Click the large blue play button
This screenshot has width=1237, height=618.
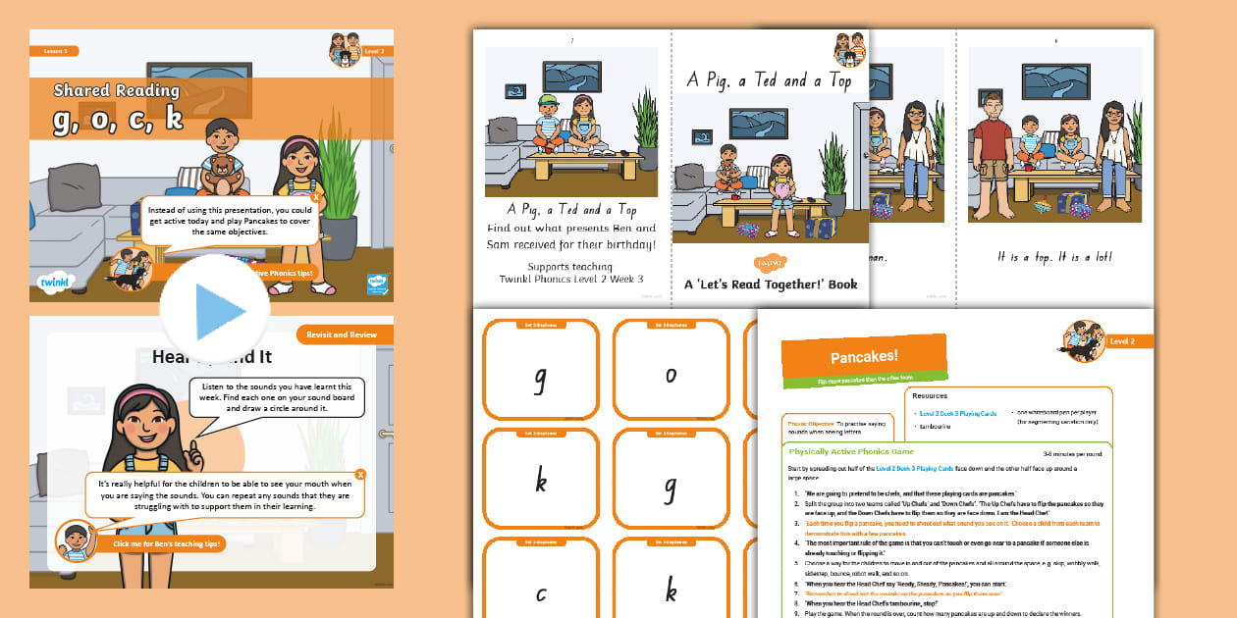[215, 310]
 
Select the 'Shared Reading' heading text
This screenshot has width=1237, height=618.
[116, 90]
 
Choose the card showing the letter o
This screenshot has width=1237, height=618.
[671, 374]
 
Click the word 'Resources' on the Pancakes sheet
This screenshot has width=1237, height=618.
[930, 396]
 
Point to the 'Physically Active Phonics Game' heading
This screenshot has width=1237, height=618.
[851, 451]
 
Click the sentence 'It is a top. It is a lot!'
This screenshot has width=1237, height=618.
[1054, 257]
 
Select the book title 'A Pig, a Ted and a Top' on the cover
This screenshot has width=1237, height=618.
[770, 81]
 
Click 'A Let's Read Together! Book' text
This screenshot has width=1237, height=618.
[771, 284]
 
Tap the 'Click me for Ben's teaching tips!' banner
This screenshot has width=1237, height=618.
[168, 543]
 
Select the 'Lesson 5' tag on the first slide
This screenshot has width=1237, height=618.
[54, 51]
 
